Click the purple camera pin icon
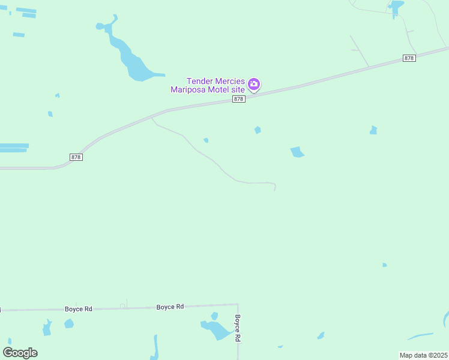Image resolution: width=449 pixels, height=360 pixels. [x=254, y=85]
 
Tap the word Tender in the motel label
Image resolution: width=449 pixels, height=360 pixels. [x=201, y=80]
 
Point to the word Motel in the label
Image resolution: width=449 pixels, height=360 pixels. [x=220, y=90]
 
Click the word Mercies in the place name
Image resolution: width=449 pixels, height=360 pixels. [x=231, y=80]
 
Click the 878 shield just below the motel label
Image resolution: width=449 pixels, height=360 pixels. [x=239, y=99]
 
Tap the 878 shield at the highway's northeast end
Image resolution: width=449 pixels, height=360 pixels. [x=409, y=58]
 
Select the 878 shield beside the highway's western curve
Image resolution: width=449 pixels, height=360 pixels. [x=76, y=157]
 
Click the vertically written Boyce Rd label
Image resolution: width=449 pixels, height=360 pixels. [x=238, y=328]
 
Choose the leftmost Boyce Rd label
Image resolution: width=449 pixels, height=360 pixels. [x=79, y=309]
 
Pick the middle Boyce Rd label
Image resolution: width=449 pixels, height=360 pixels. [x=170, y=307]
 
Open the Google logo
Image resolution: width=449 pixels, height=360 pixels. [x=20, y=353]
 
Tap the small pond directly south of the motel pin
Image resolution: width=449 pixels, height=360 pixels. [x=258, y=130]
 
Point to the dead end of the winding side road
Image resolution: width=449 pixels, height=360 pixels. [x=275, y=190]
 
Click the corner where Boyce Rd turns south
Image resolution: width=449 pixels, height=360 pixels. [x=238, y=305]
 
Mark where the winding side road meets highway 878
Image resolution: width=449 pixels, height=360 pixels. [x=152, y=117]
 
